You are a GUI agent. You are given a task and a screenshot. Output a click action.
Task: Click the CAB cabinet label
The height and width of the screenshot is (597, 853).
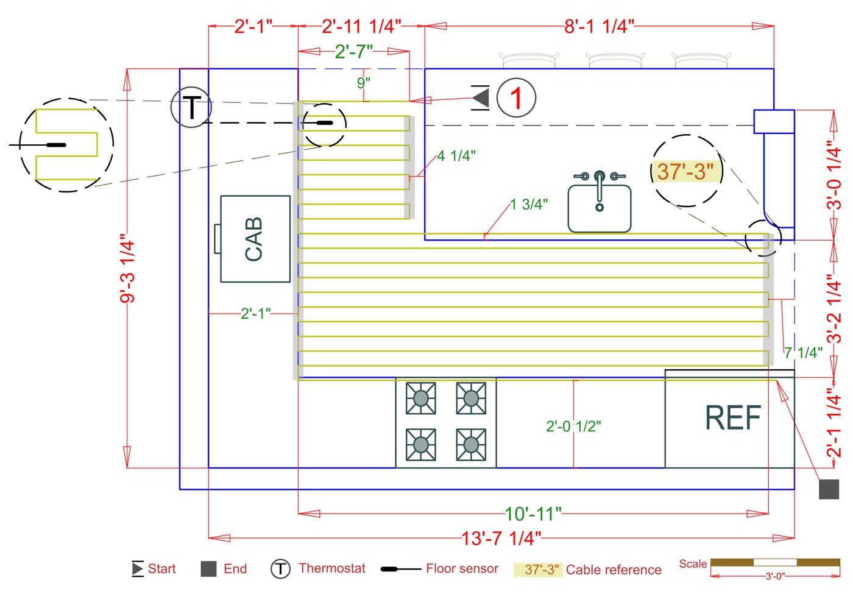click(x=253, y=239)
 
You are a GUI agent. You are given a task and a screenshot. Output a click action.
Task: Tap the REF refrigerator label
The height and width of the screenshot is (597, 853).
click(x=733, y=418)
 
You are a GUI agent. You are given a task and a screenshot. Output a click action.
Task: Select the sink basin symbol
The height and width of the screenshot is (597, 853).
click(x=600, y=204)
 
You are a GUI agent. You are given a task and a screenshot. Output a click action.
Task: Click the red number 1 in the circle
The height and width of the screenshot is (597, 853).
click(x=516, y=98)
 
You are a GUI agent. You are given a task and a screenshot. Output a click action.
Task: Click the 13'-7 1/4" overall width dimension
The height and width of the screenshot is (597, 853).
click(x=501, y=539)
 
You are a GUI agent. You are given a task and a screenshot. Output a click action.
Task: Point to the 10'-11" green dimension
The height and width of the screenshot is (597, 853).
click(x=533, y=514)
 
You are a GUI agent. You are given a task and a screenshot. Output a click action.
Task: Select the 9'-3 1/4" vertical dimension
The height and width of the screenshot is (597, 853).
click(x=127, y=268)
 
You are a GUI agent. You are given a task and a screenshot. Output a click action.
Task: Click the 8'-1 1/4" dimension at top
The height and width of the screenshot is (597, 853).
click(x=599, y=26)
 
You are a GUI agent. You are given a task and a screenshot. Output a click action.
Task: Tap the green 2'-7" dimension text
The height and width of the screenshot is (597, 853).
click(x=353, y=52)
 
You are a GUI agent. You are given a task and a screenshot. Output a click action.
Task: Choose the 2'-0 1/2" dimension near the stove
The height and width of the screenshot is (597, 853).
click(x=573, y=426)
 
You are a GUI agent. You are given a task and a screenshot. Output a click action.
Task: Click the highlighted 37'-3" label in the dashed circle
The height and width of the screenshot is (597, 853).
click(x=685, y=172)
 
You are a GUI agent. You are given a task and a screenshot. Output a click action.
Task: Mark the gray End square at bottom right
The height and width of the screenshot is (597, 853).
click(x=829, y=489)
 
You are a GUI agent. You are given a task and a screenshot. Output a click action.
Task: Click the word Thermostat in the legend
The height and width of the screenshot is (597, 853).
click(x=332, y=568)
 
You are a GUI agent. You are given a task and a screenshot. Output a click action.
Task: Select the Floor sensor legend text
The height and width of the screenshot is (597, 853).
click(x=462, y=569)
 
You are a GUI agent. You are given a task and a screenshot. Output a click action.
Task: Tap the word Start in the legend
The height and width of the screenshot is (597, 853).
click(x=161, y=569)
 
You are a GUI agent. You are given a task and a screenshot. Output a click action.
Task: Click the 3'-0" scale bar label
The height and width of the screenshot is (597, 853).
click(x=775, y=576)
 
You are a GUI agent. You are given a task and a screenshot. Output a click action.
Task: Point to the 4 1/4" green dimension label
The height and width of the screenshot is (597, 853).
click(x=456, y=156)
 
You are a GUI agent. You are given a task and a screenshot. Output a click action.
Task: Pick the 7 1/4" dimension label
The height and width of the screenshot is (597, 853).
click(x=803, y=352)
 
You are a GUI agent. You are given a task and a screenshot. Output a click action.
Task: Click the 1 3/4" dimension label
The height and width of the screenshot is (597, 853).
click(x=529, y=204)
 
